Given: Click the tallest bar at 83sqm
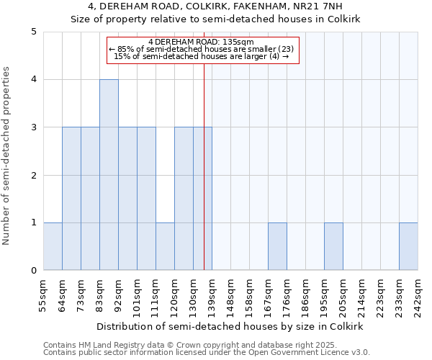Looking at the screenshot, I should tap(109, 175).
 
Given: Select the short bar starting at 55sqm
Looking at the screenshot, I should tap(53, 246).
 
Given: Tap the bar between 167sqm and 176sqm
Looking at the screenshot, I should tap(277, 246).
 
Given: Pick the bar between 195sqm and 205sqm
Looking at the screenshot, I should tap(333, 246).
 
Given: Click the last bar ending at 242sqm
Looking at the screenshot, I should tap(408, 246).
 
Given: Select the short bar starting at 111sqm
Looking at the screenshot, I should tap(165, 246).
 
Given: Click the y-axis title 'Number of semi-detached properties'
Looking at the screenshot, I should tap(7, 156).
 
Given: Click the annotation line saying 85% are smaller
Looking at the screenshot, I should tap(201, 49).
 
